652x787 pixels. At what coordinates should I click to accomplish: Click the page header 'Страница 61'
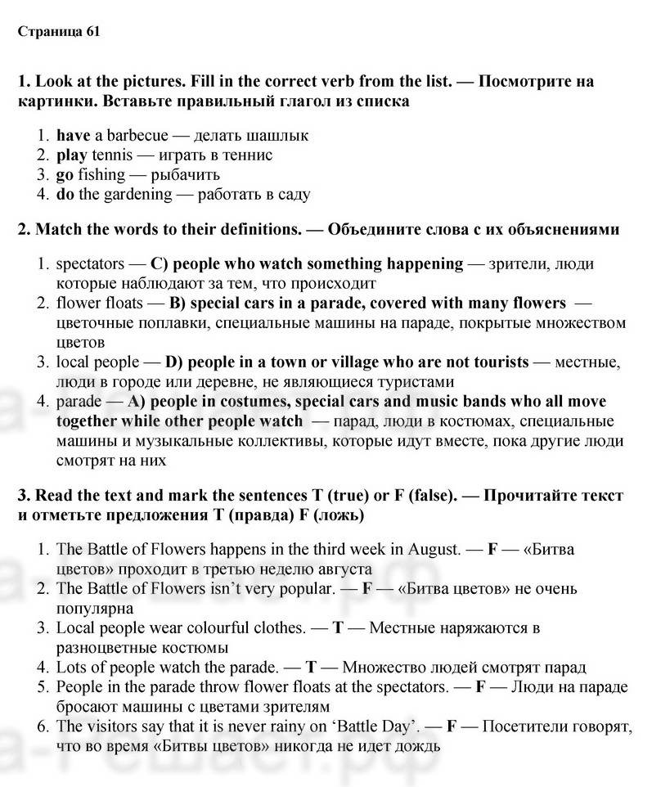click(58, 32)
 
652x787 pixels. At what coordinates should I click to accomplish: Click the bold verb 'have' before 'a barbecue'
click(74, 136)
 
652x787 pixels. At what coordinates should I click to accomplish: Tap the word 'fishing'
click(102, 175)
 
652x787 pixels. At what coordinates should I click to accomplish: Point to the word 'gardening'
click(137, 195)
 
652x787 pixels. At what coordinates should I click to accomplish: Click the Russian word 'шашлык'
click(281, 136)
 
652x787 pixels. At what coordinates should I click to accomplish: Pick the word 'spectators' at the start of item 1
click(90, 264)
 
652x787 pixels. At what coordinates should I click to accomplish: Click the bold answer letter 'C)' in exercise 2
click(160, 264)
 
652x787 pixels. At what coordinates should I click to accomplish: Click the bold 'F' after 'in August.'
click(492, 550)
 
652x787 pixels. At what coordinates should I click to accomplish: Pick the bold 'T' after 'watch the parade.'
click(312, 668)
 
